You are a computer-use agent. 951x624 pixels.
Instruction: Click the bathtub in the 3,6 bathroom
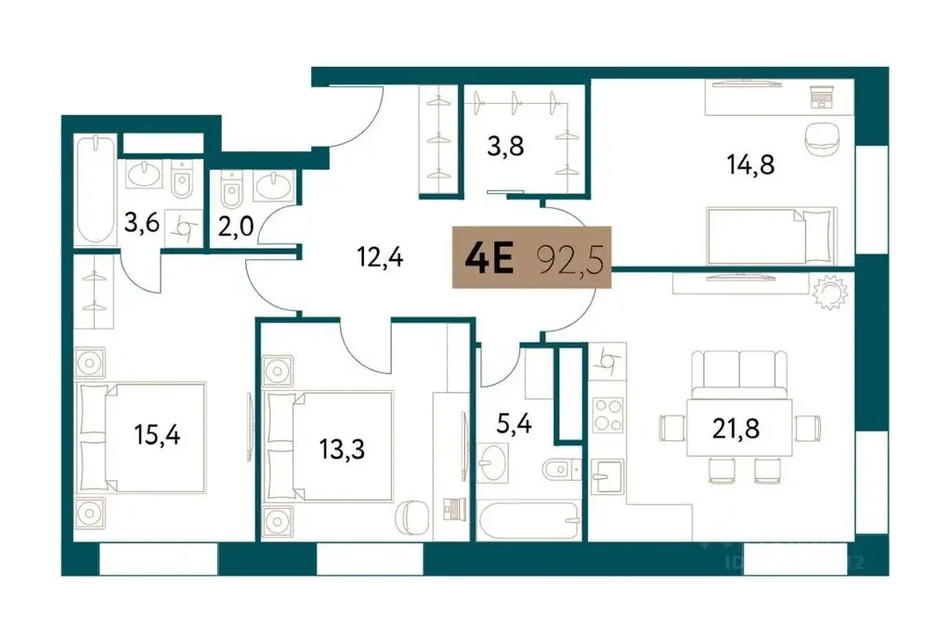[x=97, y=189]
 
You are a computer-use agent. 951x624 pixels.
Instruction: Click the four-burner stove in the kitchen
[x=607, y=414]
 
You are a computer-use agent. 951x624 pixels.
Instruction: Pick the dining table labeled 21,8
[x=739, y=427]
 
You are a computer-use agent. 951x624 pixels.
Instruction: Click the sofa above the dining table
[x=740, y=371]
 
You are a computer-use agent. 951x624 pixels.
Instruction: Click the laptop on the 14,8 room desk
[x=822, y=94]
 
